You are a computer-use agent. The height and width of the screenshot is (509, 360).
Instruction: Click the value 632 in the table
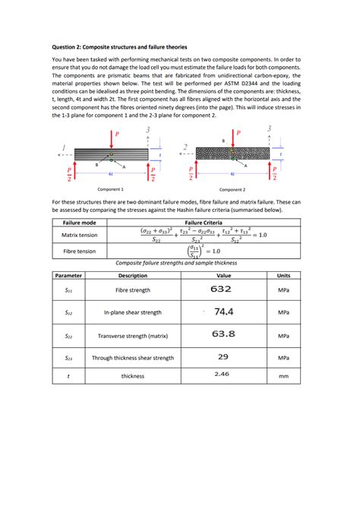click(221, 289)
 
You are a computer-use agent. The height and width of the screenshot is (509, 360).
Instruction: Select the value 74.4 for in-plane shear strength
click(223, 311)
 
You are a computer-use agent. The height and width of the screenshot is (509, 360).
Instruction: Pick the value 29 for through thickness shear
click(223, 356)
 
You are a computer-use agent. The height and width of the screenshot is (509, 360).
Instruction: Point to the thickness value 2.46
click(222, 374)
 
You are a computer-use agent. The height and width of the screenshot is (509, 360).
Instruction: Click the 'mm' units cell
click(283, 375)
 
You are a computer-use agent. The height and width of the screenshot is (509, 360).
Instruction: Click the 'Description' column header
click(133, 275)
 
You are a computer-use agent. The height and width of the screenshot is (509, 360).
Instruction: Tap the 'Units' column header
click(283, 275)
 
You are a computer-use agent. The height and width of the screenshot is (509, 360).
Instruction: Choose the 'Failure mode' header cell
click(79, 223)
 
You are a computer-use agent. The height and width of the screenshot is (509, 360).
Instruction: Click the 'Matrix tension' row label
click(79, 236)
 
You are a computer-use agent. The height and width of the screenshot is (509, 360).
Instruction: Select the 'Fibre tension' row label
click(79, 251)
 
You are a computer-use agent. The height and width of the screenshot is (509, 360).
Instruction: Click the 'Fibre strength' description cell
click(133, 290)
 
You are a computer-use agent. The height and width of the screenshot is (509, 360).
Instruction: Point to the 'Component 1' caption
click(112, 189)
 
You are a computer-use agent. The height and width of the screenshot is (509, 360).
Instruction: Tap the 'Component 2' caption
click(232, 189)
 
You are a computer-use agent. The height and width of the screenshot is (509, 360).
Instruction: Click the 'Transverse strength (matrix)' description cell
click(133, 334)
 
